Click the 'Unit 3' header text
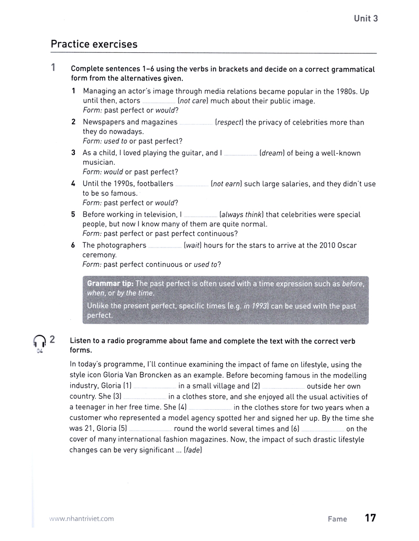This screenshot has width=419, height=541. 366,18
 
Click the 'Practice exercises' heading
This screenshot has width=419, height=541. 94,44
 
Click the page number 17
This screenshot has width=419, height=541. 370,518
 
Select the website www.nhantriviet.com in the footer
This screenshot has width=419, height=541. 81,519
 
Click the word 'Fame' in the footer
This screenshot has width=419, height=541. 337,519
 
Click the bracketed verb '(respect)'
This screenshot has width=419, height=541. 229,122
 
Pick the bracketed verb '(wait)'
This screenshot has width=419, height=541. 193,245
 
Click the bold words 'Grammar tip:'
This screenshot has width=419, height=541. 111,284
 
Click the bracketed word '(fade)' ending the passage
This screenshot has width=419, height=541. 193,449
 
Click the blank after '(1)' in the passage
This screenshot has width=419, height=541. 155,387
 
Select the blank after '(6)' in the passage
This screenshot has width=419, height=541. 323,429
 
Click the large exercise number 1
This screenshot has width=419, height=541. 53,68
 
